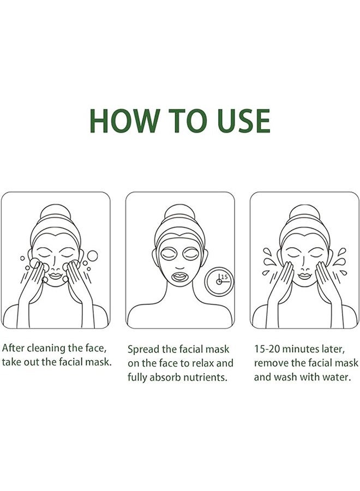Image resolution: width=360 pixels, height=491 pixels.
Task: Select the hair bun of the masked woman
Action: tap(179, 212)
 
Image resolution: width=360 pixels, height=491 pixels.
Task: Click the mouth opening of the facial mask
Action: tap(179, 274)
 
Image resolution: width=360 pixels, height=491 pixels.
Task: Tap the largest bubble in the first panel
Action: tap(92, 255)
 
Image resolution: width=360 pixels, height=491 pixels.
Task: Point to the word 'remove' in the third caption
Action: tap(271, 363)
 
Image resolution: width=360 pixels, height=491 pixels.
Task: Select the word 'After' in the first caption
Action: tap(14, 348)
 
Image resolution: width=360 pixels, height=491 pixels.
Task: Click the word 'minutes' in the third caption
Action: tap(304, 348)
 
